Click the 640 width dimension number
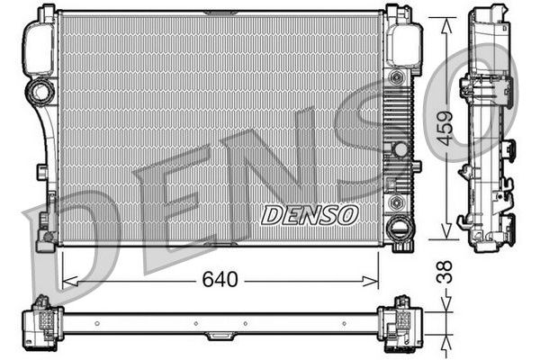220,280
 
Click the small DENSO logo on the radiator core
309,215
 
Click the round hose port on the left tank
40,90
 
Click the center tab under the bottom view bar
220,336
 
